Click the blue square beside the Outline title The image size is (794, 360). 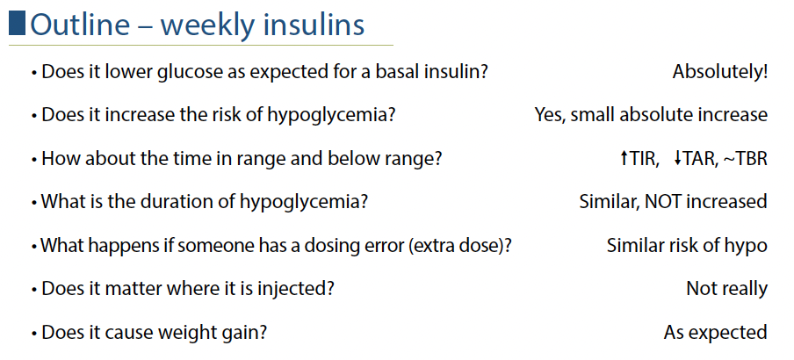click(x=17, y=24)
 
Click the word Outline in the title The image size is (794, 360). click(x=80, y=25)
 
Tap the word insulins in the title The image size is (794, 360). click(x=313, y=25)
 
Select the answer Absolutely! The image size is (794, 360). click(x=719, y=72)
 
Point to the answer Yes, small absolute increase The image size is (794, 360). click(x=651, y=115)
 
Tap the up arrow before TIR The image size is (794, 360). click(x=624, y=158)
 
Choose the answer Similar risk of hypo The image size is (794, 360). click(x=687, y=246)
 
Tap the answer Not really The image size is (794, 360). click(x=726, y=289)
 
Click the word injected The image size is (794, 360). click(x=297, y=289)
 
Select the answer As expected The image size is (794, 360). click(x=716, y=333)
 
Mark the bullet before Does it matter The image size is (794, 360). click(x=34, y=291)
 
